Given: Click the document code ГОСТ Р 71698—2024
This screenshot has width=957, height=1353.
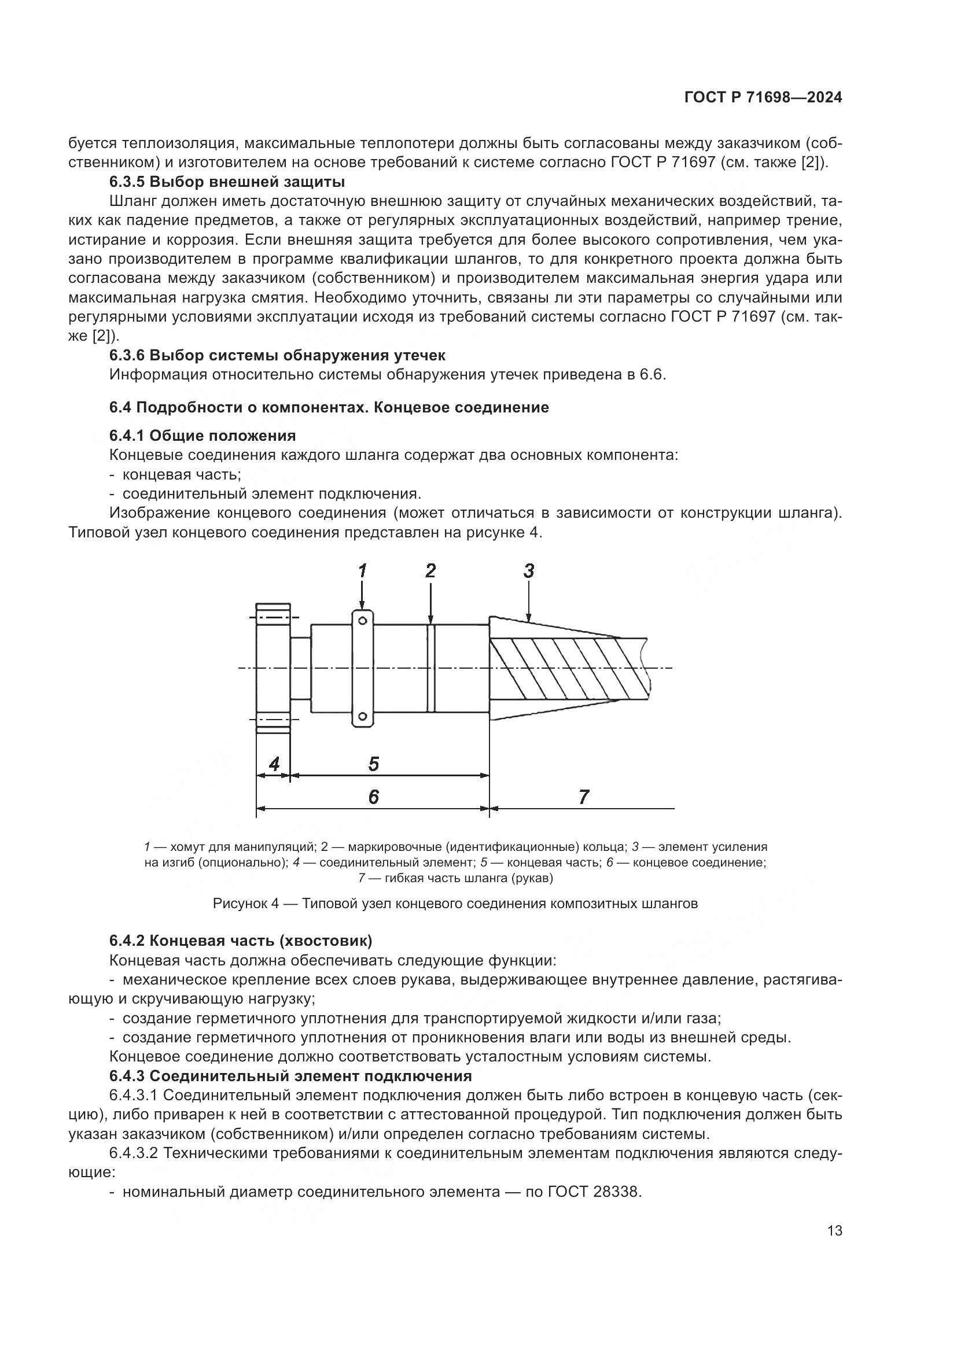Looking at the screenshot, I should (x=763, y=98).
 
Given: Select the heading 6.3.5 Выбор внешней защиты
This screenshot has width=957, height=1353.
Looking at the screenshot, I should (x=227, y=182).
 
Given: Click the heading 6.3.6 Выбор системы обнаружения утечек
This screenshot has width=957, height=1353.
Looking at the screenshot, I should (x=277, y=355).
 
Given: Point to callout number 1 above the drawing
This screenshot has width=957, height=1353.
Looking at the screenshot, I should (x=362, y=570).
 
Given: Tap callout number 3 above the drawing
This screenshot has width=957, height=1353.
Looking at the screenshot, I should (x=529, y=570).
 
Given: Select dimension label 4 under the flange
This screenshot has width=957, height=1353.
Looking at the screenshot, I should (x=274, y=764).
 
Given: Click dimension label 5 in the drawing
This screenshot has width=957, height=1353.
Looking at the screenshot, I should (x=374, y=764).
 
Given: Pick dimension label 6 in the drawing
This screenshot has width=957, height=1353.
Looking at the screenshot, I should (x=374, y=797).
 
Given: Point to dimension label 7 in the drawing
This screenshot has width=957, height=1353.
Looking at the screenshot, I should (x=583, y=797).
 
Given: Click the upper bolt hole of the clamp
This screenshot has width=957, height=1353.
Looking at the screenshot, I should (x=363, y=621).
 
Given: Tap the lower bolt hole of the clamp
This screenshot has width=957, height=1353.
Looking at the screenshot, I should (x=363, y=716).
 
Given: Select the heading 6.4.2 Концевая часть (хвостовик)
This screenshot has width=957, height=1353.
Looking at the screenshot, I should (x=241, y=941).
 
